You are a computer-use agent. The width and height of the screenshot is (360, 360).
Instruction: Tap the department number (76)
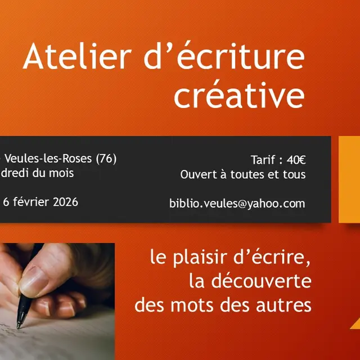(106, 159)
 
